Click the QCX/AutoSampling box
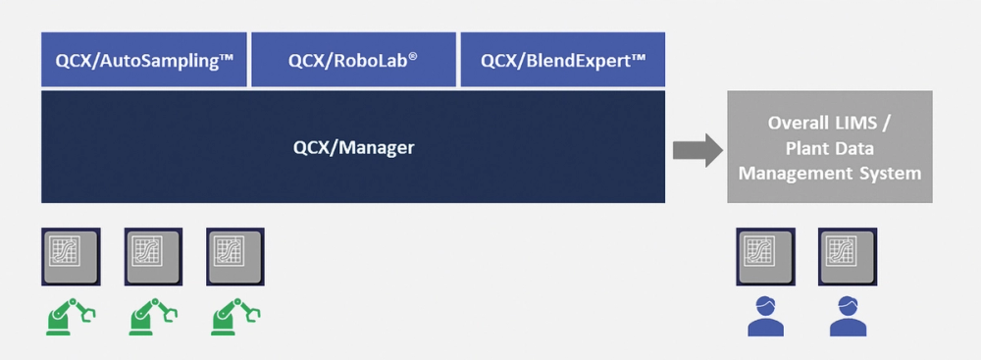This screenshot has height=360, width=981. point(143,60)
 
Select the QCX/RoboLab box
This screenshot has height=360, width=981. point(353,60)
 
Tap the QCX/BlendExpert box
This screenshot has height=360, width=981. point(562,60)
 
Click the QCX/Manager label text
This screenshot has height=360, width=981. point(353,148)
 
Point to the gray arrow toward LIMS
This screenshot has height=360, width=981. point(697,149)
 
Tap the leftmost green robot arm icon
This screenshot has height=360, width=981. point(71,316)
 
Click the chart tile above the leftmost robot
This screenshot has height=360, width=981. point(71,254)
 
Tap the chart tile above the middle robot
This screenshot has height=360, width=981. point(152,254)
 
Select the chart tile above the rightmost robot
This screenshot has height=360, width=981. point(233,254)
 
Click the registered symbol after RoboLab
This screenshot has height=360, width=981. point(414,55)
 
